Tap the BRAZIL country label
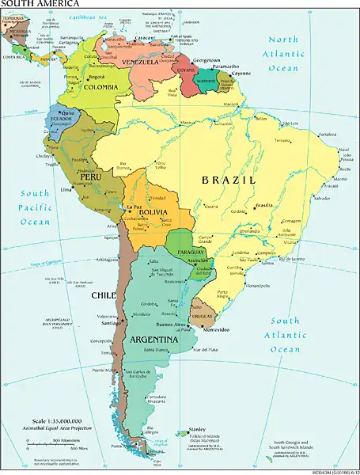(230, 180)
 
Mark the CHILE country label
(103, 295)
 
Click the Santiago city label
(111, 323)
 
